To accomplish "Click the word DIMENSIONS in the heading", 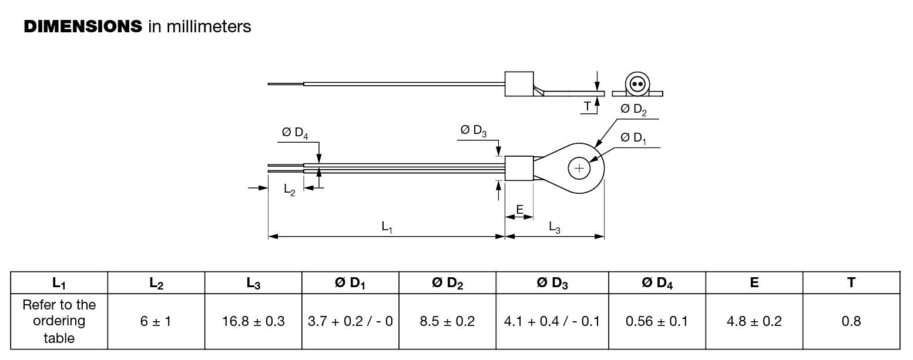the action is coord(83,26).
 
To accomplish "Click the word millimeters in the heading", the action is coord(209,26).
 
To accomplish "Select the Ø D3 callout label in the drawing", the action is coord(474,131).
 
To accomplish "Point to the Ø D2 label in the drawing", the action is coord(633,110).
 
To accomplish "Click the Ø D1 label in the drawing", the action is coord(633,139).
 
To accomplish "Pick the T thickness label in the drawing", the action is coord(587,106).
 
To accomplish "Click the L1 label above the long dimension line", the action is coord(387,227).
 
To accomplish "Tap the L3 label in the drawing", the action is coord(555,227).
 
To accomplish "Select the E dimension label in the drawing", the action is coord(520,209).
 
